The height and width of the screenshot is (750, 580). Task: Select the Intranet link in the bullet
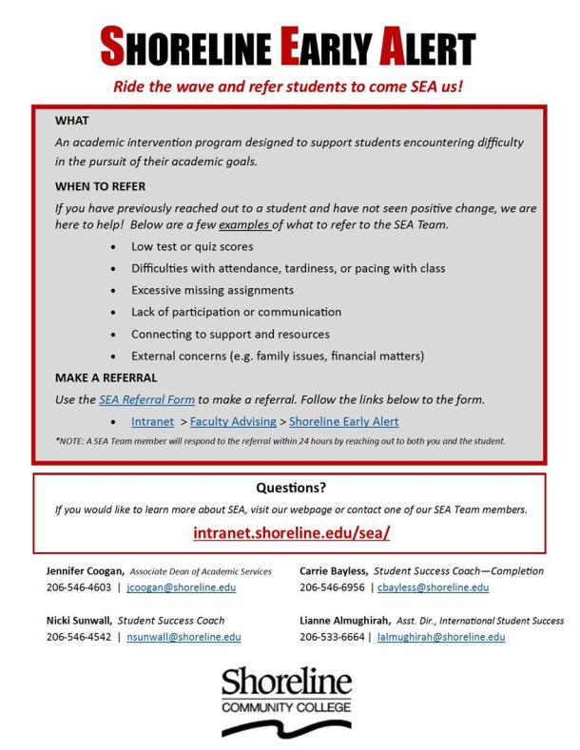[154, 421]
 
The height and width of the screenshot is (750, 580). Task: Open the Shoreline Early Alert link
[343, 421]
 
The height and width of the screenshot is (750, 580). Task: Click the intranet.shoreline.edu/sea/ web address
[291, 533]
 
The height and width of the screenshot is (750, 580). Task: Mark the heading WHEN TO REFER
[100, 187]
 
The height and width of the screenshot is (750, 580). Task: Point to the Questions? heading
[291, 489]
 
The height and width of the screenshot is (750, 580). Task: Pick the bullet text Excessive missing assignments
[213, 290]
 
